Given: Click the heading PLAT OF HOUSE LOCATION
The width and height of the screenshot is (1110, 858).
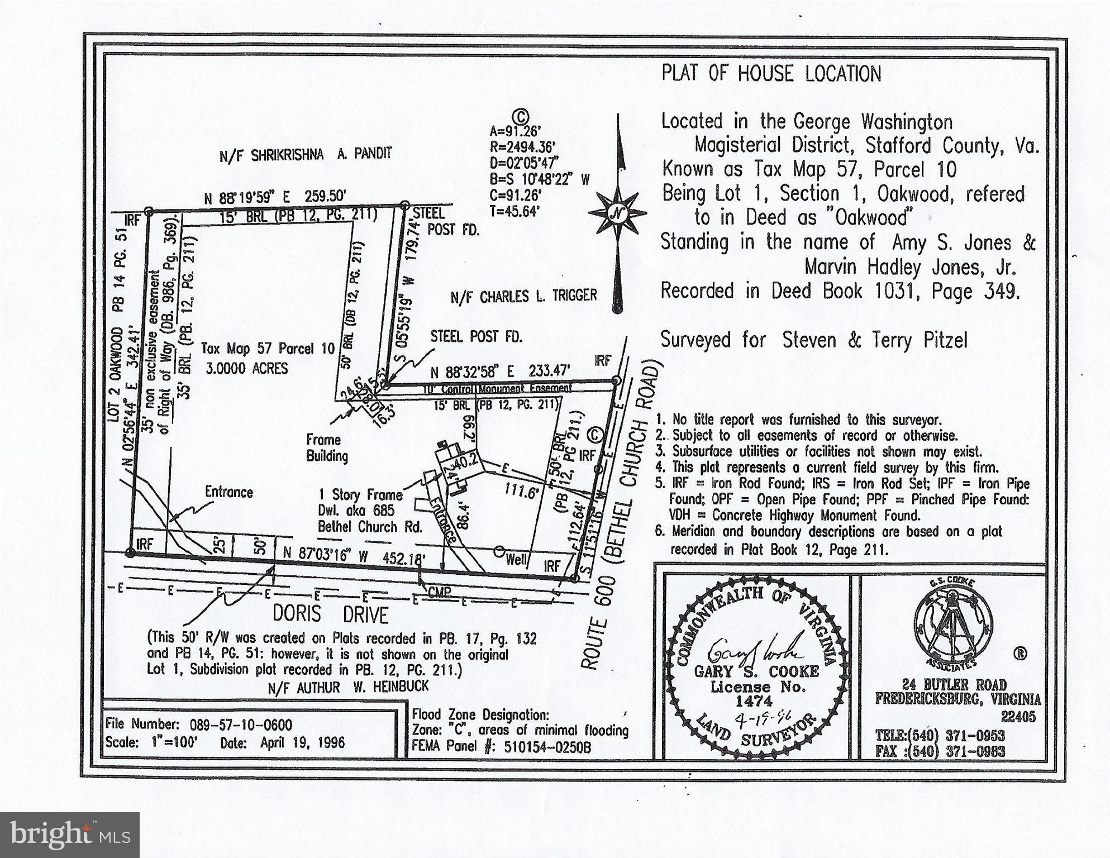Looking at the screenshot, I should [771, 74].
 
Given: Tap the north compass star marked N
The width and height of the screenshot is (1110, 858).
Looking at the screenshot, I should [617, 212].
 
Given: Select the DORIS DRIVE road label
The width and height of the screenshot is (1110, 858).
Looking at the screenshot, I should [330, 615].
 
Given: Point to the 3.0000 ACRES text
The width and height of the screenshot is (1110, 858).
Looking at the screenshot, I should [246, 369].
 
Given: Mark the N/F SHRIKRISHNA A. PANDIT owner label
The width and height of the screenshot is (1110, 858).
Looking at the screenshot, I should [306, 154].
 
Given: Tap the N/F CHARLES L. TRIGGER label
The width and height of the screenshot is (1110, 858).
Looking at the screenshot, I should [523, 295].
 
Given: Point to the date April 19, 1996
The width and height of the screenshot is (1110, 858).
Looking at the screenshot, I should [302, 743].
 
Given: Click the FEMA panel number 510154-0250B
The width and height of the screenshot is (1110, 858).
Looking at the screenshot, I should [547, 747].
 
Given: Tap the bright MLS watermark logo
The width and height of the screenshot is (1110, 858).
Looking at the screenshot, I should [69, 835].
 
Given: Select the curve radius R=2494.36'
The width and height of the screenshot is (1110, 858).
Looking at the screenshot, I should [522, 147].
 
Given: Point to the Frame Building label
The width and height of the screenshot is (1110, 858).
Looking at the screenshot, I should [327, 447].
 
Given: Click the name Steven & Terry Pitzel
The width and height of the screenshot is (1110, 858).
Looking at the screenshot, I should [874, 340].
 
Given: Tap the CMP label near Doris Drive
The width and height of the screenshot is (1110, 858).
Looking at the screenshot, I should [440, 592].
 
